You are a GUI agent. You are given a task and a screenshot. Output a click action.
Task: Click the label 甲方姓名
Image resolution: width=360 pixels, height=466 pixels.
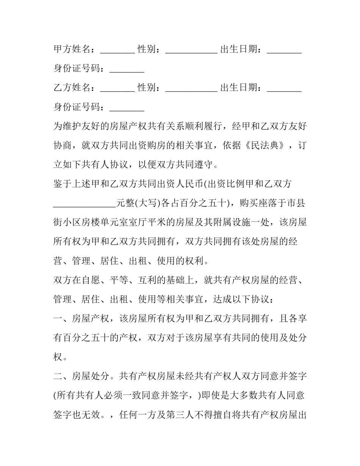click(x=72, y=49)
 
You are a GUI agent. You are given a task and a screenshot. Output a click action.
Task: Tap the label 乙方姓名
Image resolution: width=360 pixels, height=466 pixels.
click(x=72, y=88)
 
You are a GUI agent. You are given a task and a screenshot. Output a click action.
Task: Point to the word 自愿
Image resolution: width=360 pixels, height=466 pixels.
click(x=91, y=281)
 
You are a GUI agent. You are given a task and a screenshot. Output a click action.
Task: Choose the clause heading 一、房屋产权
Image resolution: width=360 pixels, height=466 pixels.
click(x=81, y=319)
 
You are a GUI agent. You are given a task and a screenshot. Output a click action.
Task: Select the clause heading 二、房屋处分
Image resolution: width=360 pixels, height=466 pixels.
click(x=81, y=377)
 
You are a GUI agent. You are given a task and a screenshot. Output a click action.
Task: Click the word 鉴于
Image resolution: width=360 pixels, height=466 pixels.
click(x=63, y=184)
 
